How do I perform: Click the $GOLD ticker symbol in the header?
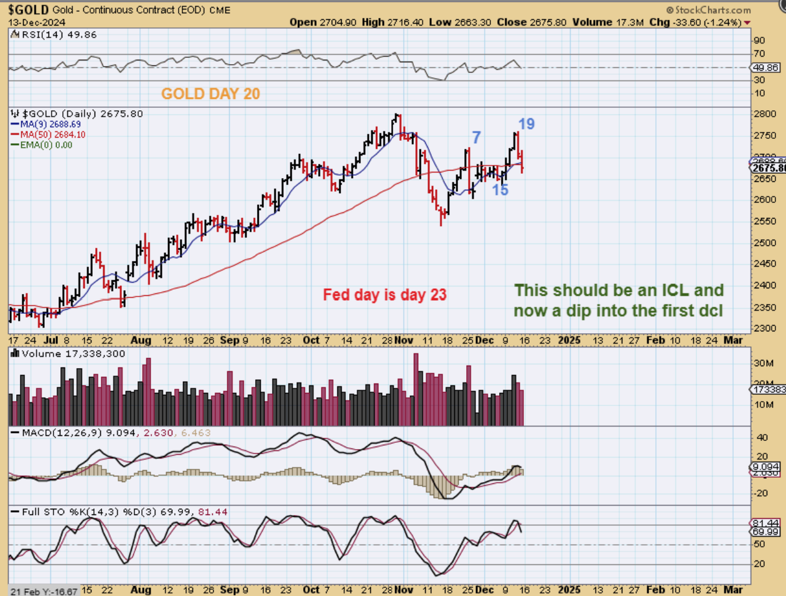pyautogui.click(x=29, y=9)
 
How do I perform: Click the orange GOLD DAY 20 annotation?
pyautogui.click(x=210, y=94)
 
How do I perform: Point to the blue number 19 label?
pyautogui.click(x=526, y=124)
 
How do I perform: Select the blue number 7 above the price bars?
pyautogui.click(x=476, y=138)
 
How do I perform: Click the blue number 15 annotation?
pyautogui.click(x=500, y=191)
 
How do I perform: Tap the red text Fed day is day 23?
pyautogui.click(x=385, y=295)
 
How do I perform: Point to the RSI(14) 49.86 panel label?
pyautogui.click(x=59, y=35)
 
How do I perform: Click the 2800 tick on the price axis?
pyautogui.click(x=764, y=114)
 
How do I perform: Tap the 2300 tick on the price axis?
pyautogui.click(x=764, y=328)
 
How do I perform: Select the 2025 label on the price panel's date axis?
pyautogui.click(x=569, y=340)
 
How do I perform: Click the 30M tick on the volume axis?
pyautogui.click(x=764, y=363)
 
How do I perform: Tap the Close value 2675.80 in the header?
pyautogui.click(x=548, y=22)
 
